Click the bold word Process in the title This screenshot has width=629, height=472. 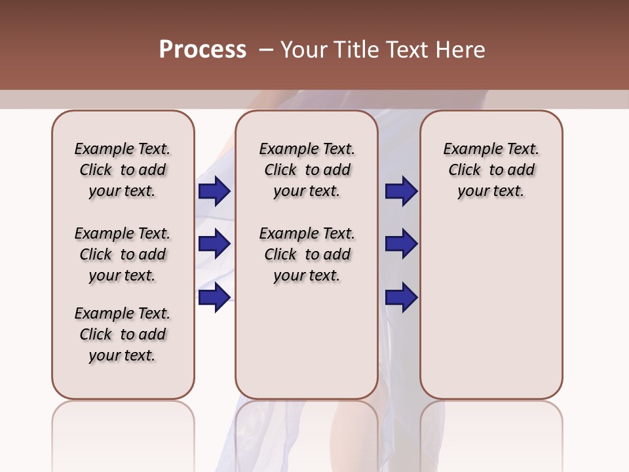(x=202, y=50)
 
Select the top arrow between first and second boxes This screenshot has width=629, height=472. (x=214, y=191)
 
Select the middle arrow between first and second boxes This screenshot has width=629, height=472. (x=214, y=244)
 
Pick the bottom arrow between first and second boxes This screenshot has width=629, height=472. (x=214, y=297)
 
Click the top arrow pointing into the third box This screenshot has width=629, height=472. (x=401, y=191)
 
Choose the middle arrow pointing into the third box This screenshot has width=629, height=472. (x=401, y=244)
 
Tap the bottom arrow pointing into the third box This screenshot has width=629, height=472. (x=401, y=297)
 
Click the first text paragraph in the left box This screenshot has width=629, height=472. (x=123, y=170)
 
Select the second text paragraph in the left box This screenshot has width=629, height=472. (x=123, y=254)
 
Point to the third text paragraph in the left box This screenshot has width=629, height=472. (x=123, y=334)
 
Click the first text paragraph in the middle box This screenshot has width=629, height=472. (x=307, y=170)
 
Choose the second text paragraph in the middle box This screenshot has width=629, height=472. (x=307, y=254)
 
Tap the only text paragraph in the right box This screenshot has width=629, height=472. (x=491, y=170)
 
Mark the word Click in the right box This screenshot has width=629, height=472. (x=465, y=170)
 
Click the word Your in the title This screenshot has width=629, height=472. (x=303, y=50)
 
